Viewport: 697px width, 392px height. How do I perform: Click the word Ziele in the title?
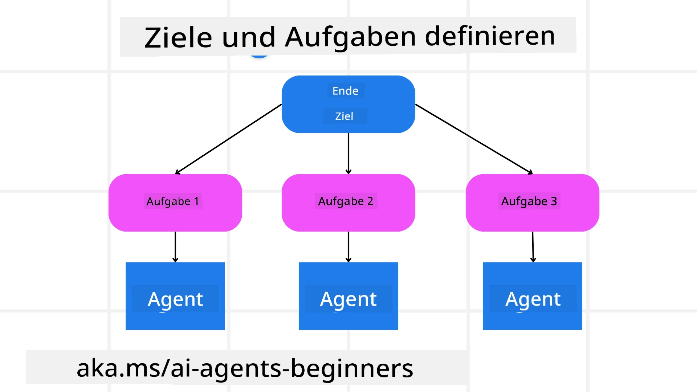click(178, 38)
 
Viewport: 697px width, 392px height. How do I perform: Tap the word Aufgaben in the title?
click(350, 37)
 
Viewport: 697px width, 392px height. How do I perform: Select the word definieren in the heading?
click(490, 36)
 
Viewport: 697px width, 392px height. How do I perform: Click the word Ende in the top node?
click(345, 91)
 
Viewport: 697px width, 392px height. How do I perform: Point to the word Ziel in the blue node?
click(344, 116)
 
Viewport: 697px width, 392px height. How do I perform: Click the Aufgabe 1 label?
click(173, 201)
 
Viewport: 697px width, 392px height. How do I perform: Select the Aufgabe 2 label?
click(346, 201)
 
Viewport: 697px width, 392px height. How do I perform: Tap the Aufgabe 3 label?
click(529, 201)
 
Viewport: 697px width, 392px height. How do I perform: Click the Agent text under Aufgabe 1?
click(175, 299)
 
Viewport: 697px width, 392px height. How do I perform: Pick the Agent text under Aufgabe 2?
click(348, 299)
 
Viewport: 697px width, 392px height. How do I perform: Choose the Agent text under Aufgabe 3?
click(533, 299)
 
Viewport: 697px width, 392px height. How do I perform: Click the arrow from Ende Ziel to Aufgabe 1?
click(229, 139)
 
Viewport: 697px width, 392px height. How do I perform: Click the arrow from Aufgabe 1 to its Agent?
click(175, 247)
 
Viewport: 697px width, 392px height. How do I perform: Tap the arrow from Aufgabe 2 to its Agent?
click(348, 247)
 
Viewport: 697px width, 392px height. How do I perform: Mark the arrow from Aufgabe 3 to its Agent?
click(533, 247)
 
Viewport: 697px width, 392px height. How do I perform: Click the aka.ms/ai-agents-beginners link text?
click(245, 368)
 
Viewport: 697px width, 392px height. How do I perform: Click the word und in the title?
click(249, 38)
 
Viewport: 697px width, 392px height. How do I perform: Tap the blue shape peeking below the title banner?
click(259, 56)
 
